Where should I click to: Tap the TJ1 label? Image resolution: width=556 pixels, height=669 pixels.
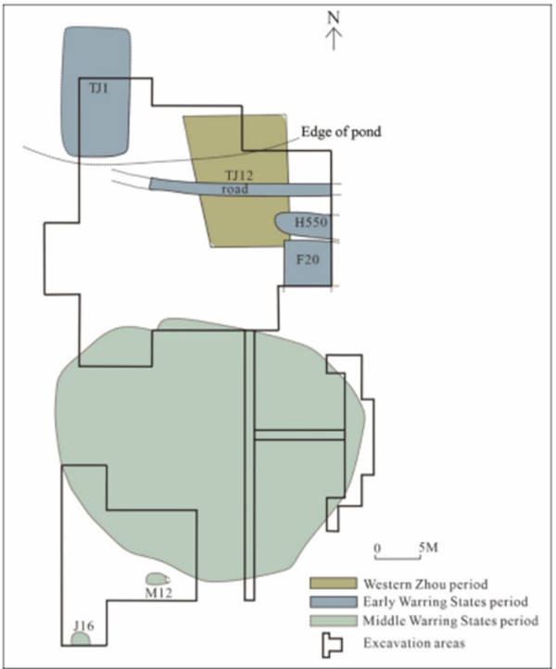(x=97, y=89)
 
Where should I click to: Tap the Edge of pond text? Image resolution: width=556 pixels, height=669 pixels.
(x=340, y=133)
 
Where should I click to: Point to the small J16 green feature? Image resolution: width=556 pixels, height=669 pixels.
(x=82, y=638)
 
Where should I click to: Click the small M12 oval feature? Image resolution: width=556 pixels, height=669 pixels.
(x=157, y=579)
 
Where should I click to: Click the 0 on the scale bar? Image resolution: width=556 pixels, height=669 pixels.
(x=378, y=547)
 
